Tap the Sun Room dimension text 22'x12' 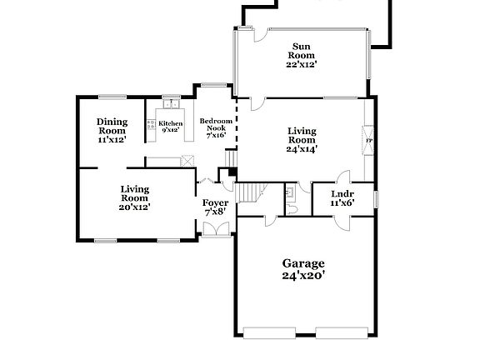click(301, 64)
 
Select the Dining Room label click(112, 126)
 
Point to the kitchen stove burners click(151, 126)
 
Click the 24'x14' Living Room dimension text click(301, 149)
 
